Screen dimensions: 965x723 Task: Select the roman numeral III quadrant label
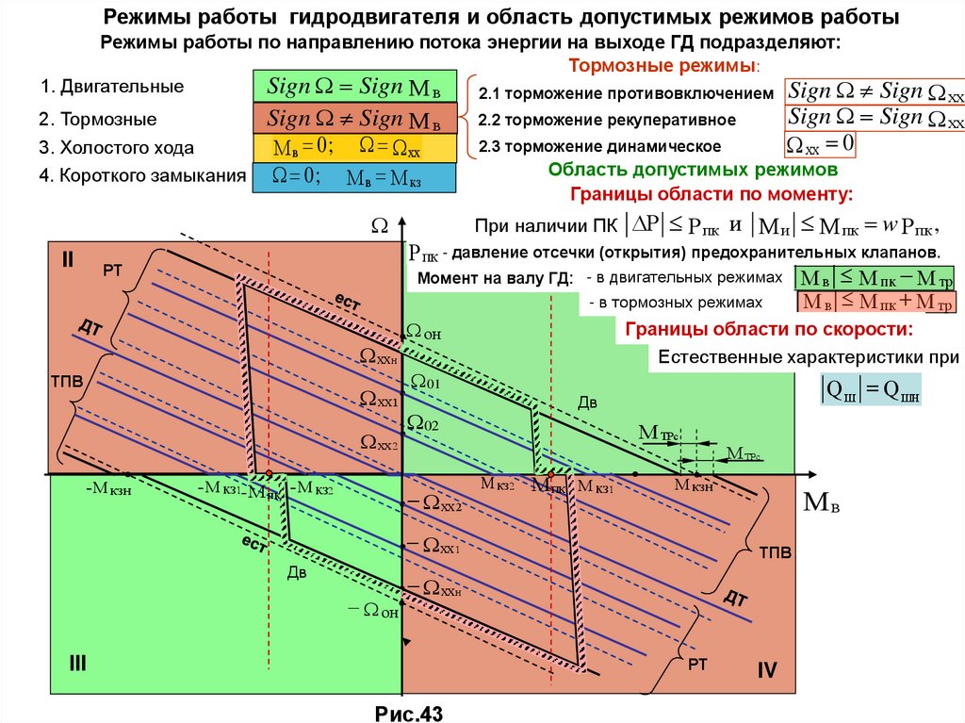pyautogui.click(x=76, y=664)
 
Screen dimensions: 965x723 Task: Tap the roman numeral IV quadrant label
pyautogui.click(x=765, y=671)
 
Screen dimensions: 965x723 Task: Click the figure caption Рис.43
pyautogui.click(x=408, y=713)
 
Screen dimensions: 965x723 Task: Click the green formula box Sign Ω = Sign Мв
pyautogui.click(x=354, y=87)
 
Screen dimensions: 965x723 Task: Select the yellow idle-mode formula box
pyautogui.click(x=354, y=148)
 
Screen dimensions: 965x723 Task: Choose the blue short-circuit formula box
pyautogui.click(x=354, y=178)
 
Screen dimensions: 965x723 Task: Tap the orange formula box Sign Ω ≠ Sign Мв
pyautogui.click(x=354, y=119)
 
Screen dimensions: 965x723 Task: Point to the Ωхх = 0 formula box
pyautogui.click(x=820, y=144)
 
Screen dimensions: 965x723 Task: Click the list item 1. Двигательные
pyautogui.click(x=112, y=87)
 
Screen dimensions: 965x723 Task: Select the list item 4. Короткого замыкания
pyautogui.click(x=143, y=175)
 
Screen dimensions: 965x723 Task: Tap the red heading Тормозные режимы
pyautogui.click(x=664, y=67)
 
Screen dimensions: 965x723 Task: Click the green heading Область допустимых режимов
pyautogui.click(x=694, y=171)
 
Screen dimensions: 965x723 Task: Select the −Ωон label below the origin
pyautogui.click(x=374, y=610)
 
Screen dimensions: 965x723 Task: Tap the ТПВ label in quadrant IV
pyautogui.click(x=776, y=552)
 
